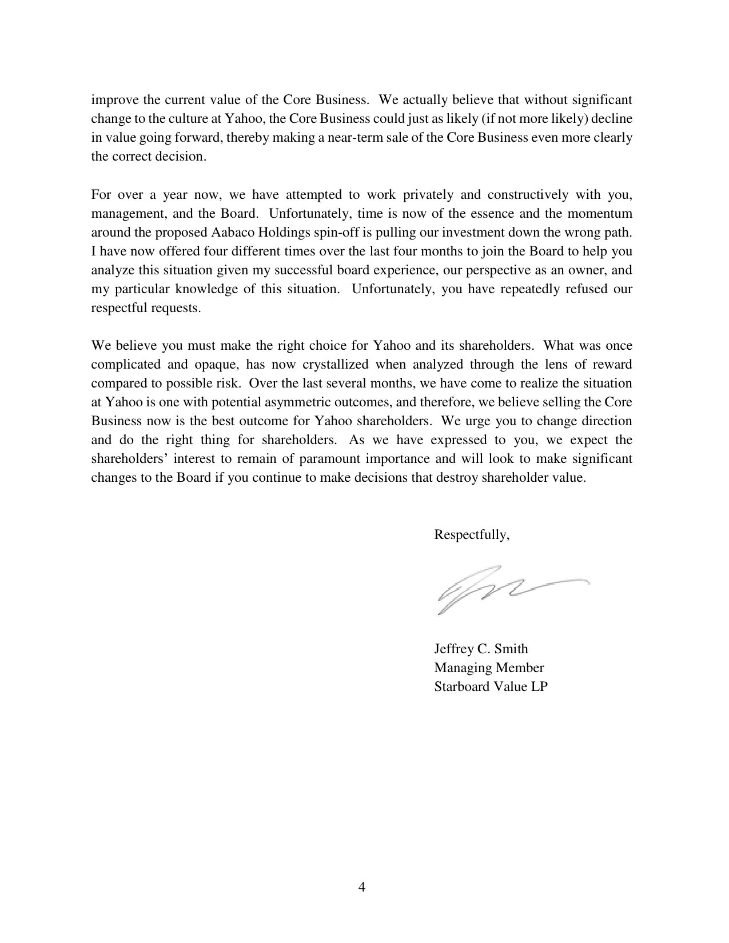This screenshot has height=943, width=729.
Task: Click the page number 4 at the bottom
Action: [361, 887]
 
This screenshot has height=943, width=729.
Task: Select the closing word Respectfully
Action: [471, 535]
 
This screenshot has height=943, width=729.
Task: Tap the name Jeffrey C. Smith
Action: [481, 649]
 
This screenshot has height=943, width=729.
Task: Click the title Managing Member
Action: [489, 668]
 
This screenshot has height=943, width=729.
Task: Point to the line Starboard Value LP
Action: [491, 686]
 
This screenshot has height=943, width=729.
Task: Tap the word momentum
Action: [603, 214]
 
